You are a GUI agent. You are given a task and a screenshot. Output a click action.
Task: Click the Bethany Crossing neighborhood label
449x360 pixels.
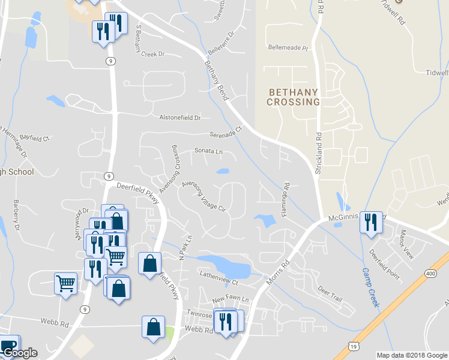click(x=294, y=97)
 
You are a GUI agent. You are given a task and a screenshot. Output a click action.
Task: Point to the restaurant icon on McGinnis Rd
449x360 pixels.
click(x=370, y=223)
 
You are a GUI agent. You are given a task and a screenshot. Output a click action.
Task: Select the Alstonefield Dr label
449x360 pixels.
click(x=179, y=118)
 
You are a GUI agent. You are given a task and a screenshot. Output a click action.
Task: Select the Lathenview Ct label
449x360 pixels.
click(x=219, y=278)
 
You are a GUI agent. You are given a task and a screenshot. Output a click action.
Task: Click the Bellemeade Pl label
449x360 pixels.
click(x=288, y=47)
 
